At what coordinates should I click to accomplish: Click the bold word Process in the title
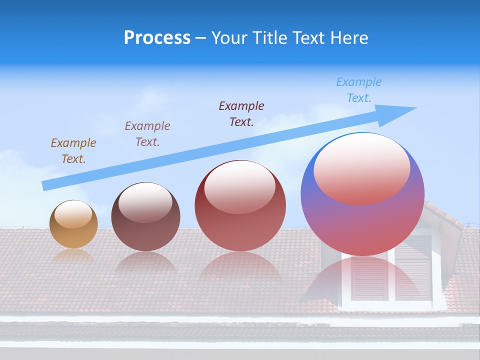point(157,38)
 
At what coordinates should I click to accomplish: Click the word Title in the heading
point(270,38)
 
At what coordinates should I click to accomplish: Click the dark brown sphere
point(145,217)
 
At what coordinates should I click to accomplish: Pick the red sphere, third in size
point(240,205)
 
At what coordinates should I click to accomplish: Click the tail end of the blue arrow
point(44,185)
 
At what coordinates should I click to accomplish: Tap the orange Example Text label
point(73,150)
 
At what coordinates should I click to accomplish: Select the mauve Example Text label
point(147,133)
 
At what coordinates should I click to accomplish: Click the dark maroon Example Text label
point(241,113)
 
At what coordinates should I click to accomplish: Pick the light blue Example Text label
point(359,90)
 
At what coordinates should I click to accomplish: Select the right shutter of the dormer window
point(413,278)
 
